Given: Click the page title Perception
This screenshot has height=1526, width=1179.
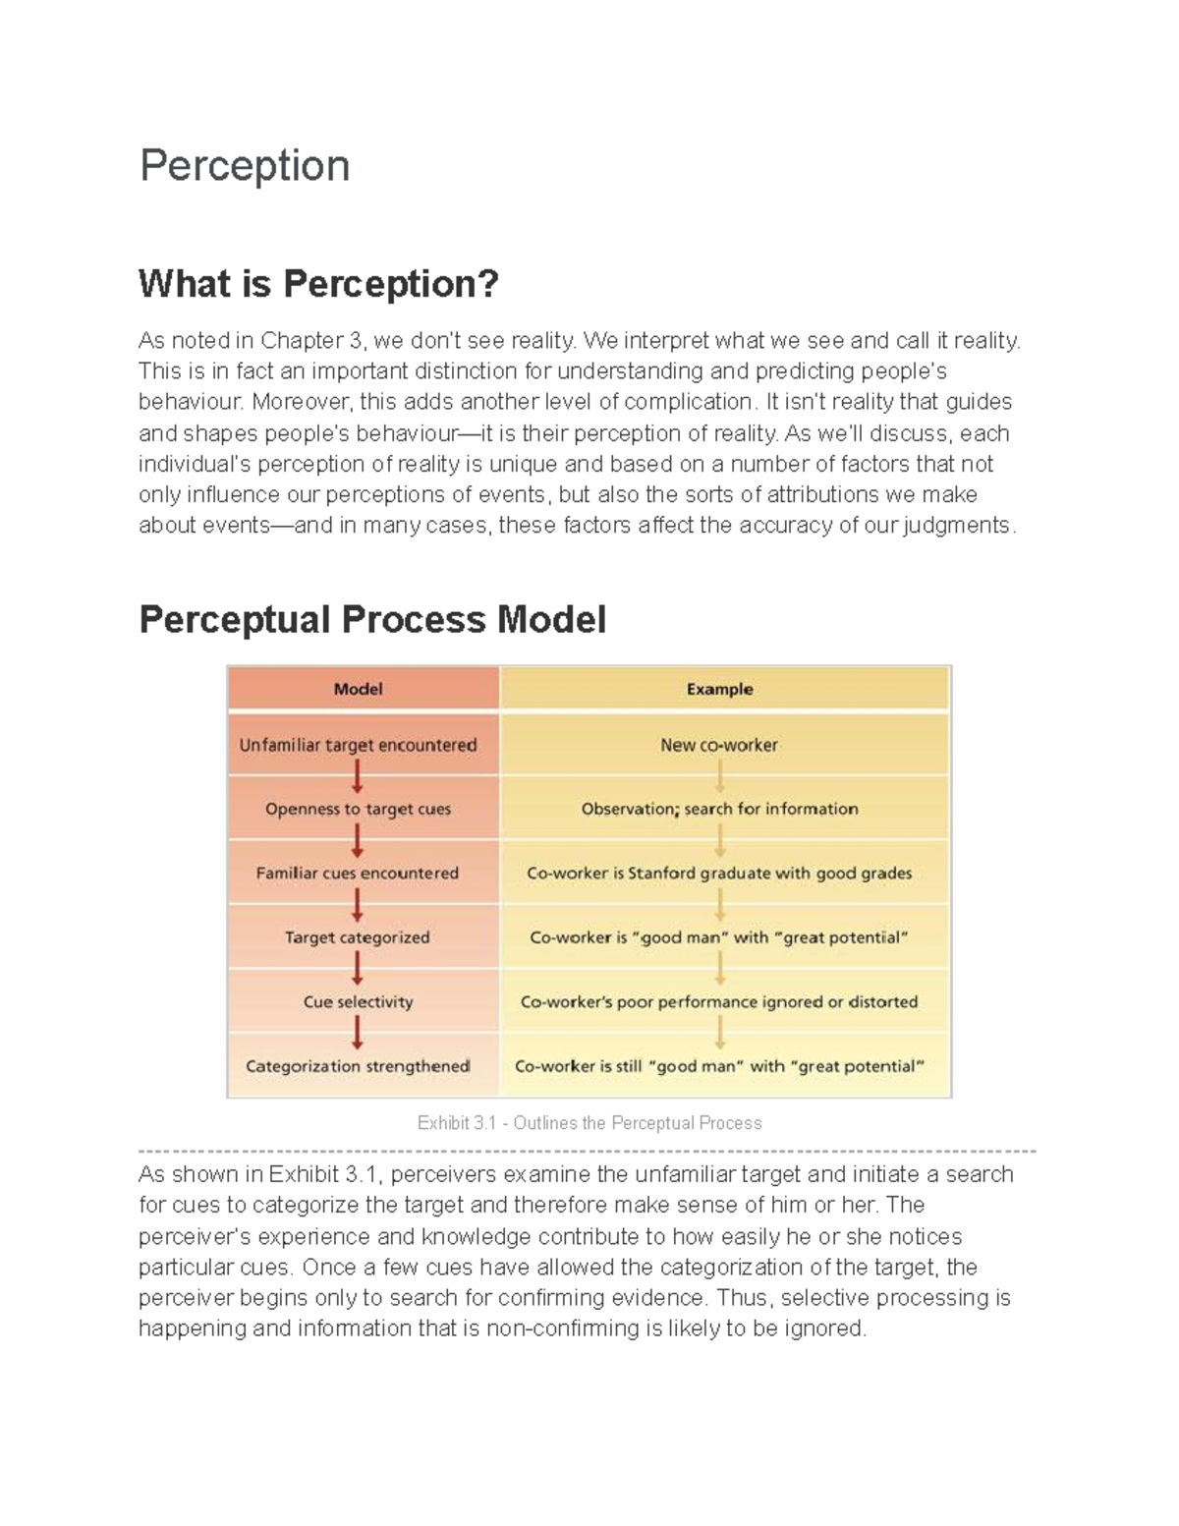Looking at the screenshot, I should (x=245, y=165).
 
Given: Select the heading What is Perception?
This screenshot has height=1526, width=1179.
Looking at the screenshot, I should (x=318, y=284).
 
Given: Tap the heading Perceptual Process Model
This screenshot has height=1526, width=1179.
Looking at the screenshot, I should (x=372, y=620).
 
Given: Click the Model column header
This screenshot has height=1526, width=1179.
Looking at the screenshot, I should (x=358, y=689).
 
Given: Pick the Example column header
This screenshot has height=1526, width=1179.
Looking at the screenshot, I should (x=719, y=689).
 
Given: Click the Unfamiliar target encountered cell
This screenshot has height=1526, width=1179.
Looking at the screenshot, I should (x=358, y=745).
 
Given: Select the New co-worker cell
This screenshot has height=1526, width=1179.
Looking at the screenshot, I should (x=719, y=745).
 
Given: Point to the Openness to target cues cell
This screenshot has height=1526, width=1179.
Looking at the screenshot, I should (x=358, y=809).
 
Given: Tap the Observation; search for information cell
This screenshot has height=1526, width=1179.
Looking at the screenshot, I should (x=719, y=809).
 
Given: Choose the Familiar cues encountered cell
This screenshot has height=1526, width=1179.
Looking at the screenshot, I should (x=358, y=873).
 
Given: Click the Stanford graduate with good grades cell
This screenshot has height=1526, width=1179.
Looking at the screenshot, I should (x=719, y=873).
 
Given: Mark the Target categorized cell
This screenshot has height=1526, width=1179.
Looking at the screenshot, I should (x=358, y=937).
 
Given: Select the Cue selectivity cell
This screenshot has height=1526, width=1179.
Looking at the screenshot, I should (x=358, y=1001).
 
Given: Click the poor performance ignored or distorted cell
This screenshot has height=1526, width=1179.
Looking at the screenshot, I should (x=719, y=1001).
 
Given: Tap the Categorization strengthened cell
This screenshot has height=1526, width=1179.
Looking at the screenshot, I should (x=358, y=1066).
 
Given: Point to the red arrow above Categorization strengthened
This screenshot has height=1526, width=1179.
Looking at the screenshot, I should (x=358, y=1034).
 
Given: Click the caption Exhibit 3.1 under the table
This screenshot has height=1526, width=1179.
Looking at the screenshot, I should (x=589, y=1123).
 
